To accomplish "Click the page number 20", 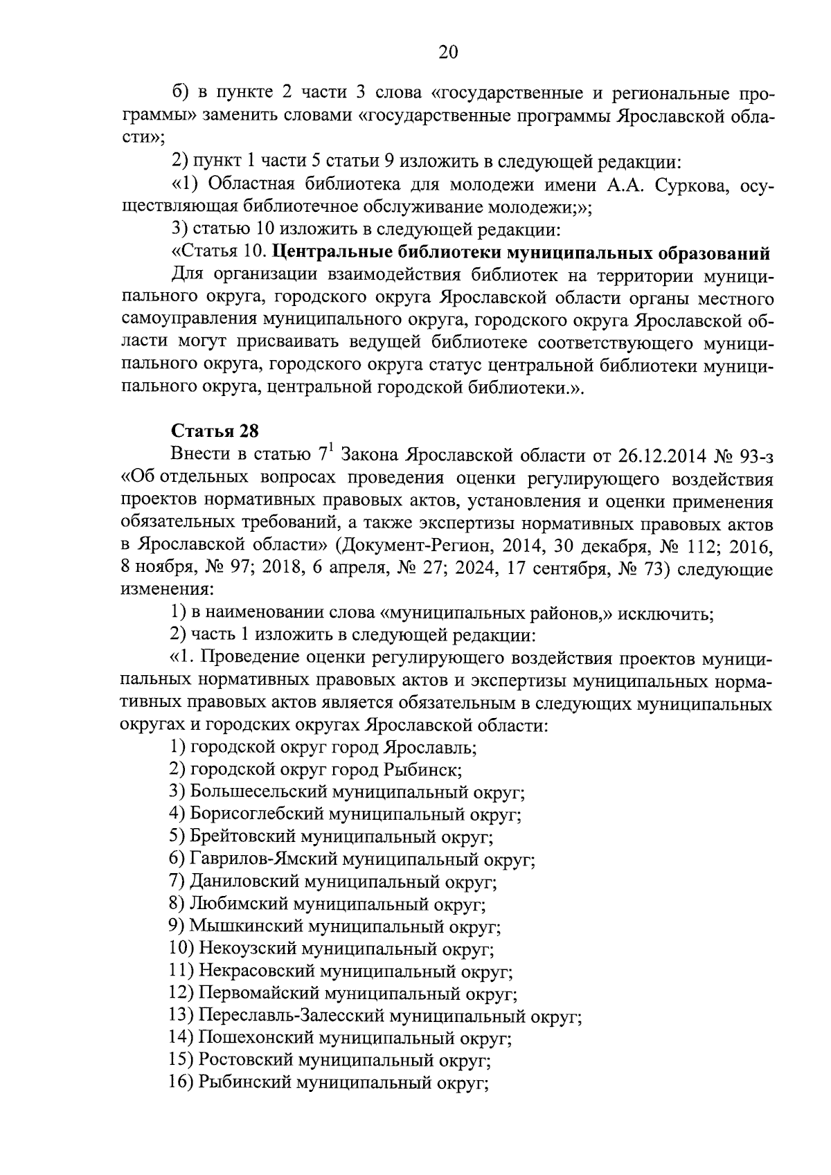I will coord(448,52).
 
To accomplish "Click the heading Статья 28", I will coord(215,431).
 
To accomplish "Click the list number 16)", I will coord(181,1084).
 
